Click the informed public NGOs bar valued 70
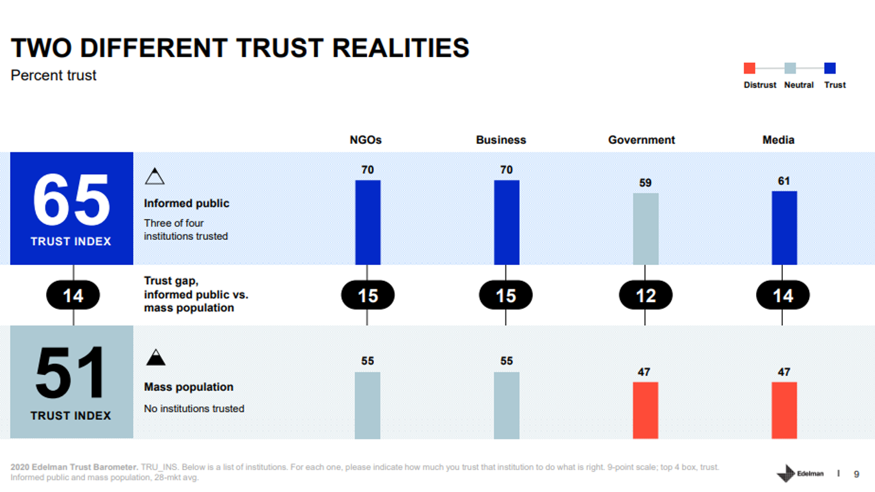coord(368,222)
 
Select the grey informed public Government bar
coord(645,228)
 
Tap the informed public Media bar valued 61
coord(784,227)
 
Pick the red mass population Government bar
coord(645,410)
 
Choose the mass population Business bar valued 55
coord(507,405)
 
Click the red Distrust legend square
coord(750,68)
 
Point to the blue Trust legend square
coord(830,68)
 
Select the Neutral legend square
coord(790,68)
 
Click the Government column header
coord(642,140)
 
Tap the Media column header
coord(778,140)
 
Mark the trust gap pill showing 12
coord(645,296)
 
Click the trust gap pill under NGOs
coord(368,296)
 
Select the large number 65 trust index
coord(71,200)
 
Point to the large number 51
coord(71,374)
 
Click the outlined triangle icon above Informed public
coord(155,177)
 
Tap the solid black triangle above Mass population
coord(155,358)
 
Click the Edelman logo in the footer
coord(800,473)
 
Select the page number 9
coord(856,474)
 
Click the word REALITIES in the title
coord(401,49)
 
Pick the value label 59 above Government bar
coord(645,183)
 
